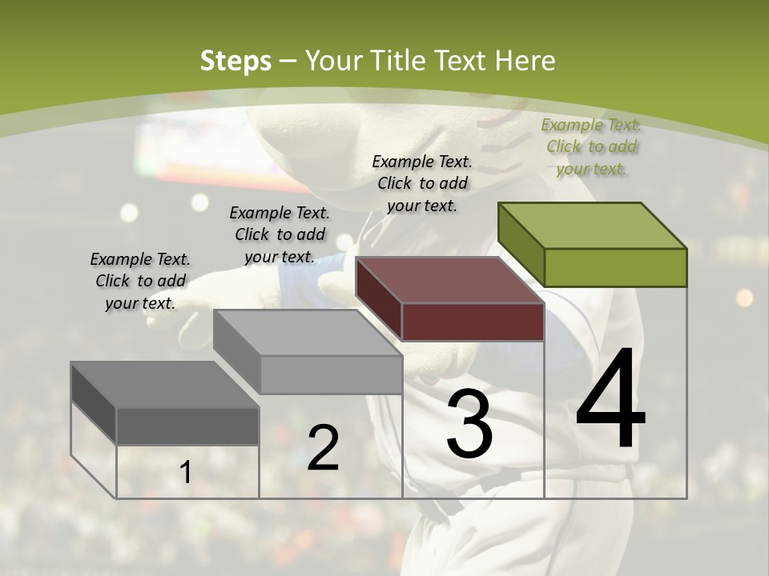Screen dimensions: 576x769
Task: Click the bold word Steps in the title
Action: pyautogui.click(x=236, y=61)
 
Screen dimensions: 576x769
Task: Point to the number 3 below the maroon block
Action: pyautogui.click(x=469, y=423)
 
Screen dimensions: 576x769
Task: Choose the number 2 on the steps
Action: pyautogui.click(x=323, y=447)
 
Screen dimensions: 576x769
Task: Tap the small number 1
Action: pyautogui.click(x=186, y=473)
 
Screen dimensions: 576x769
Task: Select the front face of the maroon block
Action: pyautogui.click(x=473, y=322)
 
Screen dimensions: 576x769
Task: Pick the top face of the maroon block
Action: pyautogui.click(x=449, y=280)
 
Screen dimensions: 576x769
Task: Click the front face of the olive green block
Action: pyautogui.click(x=615, y=267)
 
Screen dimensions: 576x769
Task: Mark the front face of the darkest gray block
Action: pyautogui.click(x=187, y=426)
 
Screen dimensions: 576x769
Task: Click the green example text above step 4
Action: pyautogui.click(x=591, y=146)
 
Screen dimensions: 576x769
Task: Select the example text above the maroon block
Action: pyautogui.click(x=422, y=183)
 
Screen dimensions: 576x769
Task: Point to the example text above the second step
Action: pyautogui.click(x=280, y=234)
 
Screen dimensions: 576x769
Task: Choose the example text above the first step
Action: pyautogui.click(x=140, y=281)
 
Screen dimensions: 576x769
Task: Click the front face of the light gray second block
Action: pyautogui.click(x=331, y=374)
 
